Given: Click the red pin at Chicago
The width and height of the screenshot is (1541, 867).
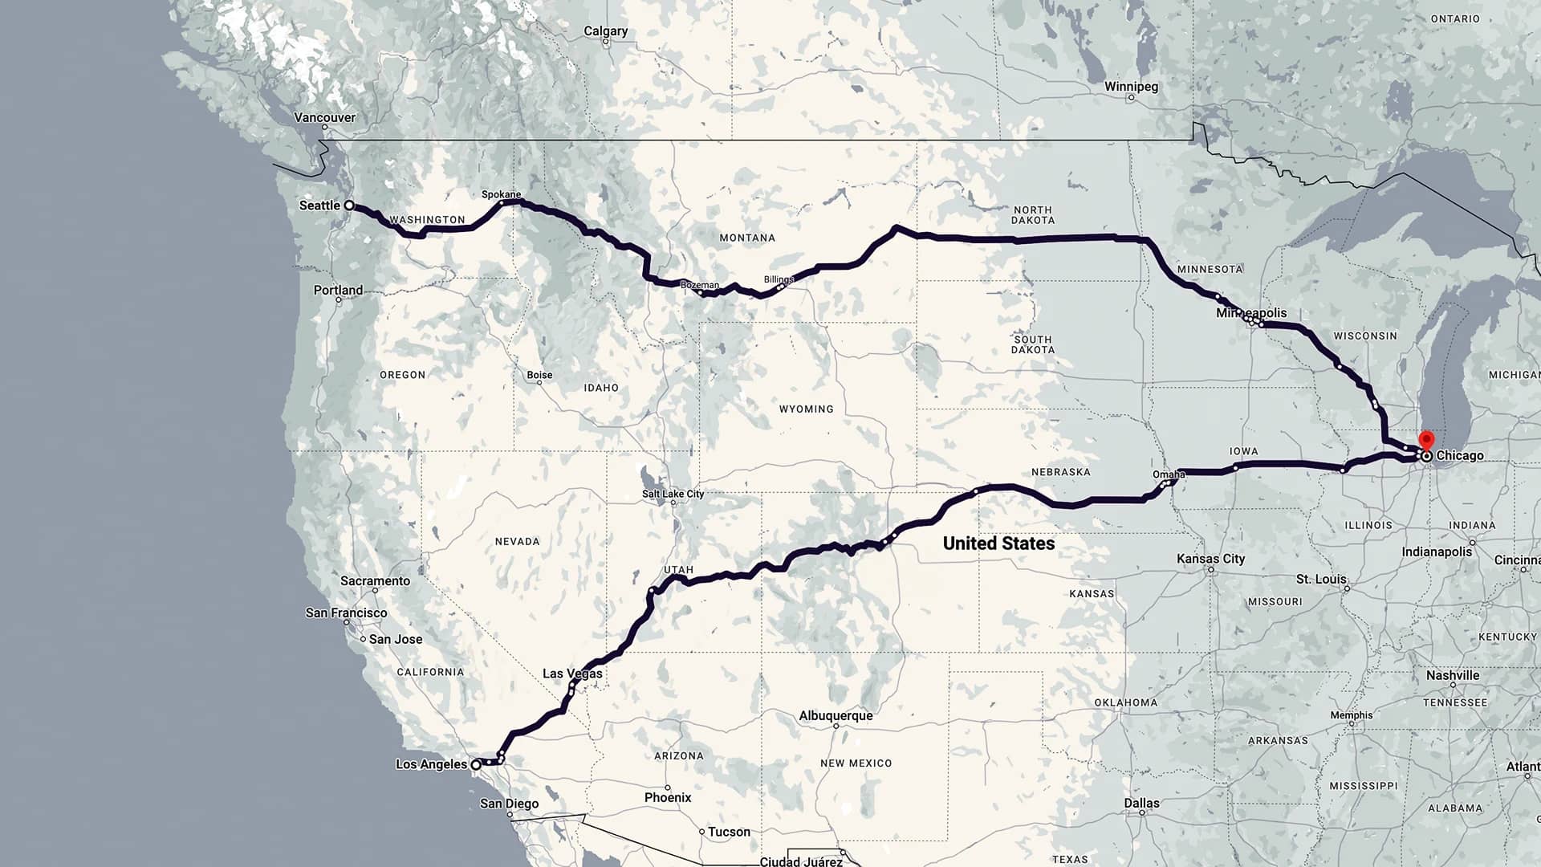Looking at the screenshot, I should [1426, 439].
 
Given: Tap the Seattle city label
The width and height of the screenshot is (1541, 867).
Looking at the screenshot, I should [319, 206].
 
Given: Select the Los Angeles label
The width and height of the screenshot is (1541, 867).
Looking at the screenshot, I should [431, 764].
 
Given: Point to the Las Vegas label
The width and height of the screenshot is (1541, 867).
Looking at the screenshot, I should [572, 674].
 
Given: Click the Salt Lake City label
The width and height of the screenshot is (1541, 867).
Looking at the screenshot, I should [673, 494].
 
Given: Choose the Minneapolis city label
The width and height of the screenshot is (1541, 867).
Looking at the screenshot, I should [1251, 313].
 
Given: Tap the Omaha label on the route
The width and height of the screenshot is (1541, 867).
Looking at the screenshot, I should [1169, 474].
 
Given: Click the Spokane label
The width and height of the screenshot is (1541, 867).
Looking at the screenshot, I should [501, 194].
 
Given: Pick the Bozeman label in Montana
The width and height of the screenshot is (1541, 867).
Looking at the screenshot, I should [700, 285].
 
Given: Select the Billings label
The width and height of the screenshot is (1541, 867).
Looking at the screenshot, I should [779, 279].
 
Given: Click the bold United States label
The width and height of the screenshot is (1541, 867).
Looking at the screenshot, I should [998, 543].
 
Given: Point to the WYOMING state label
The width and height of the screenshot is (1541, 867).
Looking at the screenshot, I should [806, 409].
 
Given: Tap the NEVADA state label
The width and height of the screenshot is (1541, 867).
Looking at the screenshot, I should [517, 542].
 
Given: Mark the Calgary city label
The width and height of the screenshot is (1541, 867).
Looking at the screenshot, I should [605, 31].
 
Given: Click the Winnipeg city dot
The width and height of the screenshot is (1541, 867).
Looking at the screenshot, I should [1131, 98].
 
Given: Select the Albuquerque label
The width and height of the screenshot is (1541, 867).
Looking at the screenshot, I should [836, 715].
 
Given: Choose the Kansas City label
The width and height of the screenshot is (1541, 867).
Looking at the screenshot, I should [1210, 559].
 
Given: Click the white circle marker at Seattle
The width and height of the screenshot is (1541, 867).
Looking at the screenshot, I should [349, 206].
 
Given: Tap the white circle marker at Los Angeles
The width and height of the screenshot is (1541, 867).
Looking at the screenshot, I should [476, 765].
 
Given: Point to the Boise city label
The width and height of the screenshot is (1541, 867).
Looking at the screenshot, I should [539, 375].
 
